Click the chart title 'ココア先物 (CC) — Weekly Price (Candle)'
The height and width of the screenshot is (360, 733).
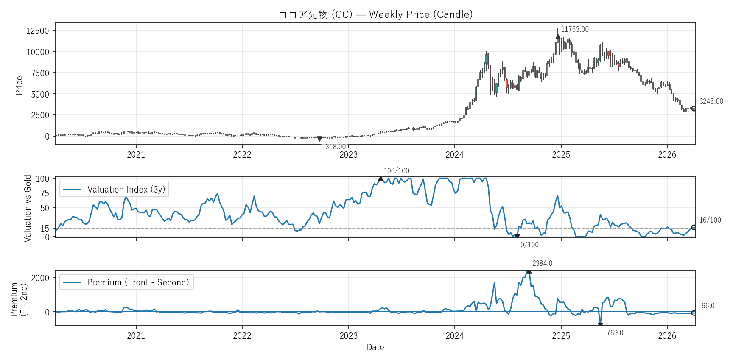[x=375, y=14]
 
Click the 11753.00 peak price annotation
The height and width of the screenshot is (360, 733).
[x=575, y=29]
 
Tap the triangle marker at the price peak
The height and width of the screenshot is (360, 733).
[x=558, y=37]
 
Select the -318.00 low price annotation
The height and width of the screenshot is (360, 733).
[x=334, y=147]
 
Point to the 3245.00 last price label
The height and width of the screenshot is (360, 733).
[x=711, y=101]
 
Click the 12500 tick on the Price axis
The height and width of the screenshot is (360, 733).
[x=38, y=31]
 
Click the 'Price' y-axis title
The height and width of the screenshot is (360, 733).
[x=19, y=85]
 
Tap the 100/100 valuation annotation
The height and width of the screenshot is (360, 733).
[x=396, y=171]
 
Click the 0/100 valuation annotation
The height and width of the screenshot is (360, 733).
[x=529, y=245]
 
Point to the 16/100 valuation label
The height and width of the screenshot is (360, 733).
[x=710, y=220]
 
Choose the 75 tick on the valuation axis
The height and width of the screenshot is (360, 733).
[x=45, y=193]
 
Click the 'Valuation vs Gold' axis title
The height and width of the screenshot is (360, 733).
[x=28, y=208]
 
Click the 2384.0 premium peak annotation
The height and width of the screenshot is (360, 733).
[x=542, y=263]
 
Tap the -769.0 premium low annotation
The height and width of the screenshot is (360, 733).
[x=614, y=333]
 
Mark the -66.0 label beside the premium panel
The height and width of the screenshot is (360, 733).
[x=707, y=306]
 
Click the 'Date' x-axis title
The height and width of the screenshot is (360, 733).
[x=375, y=347]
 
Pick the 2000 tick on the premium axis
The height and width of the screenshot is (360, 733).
[x=40, y=278]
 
